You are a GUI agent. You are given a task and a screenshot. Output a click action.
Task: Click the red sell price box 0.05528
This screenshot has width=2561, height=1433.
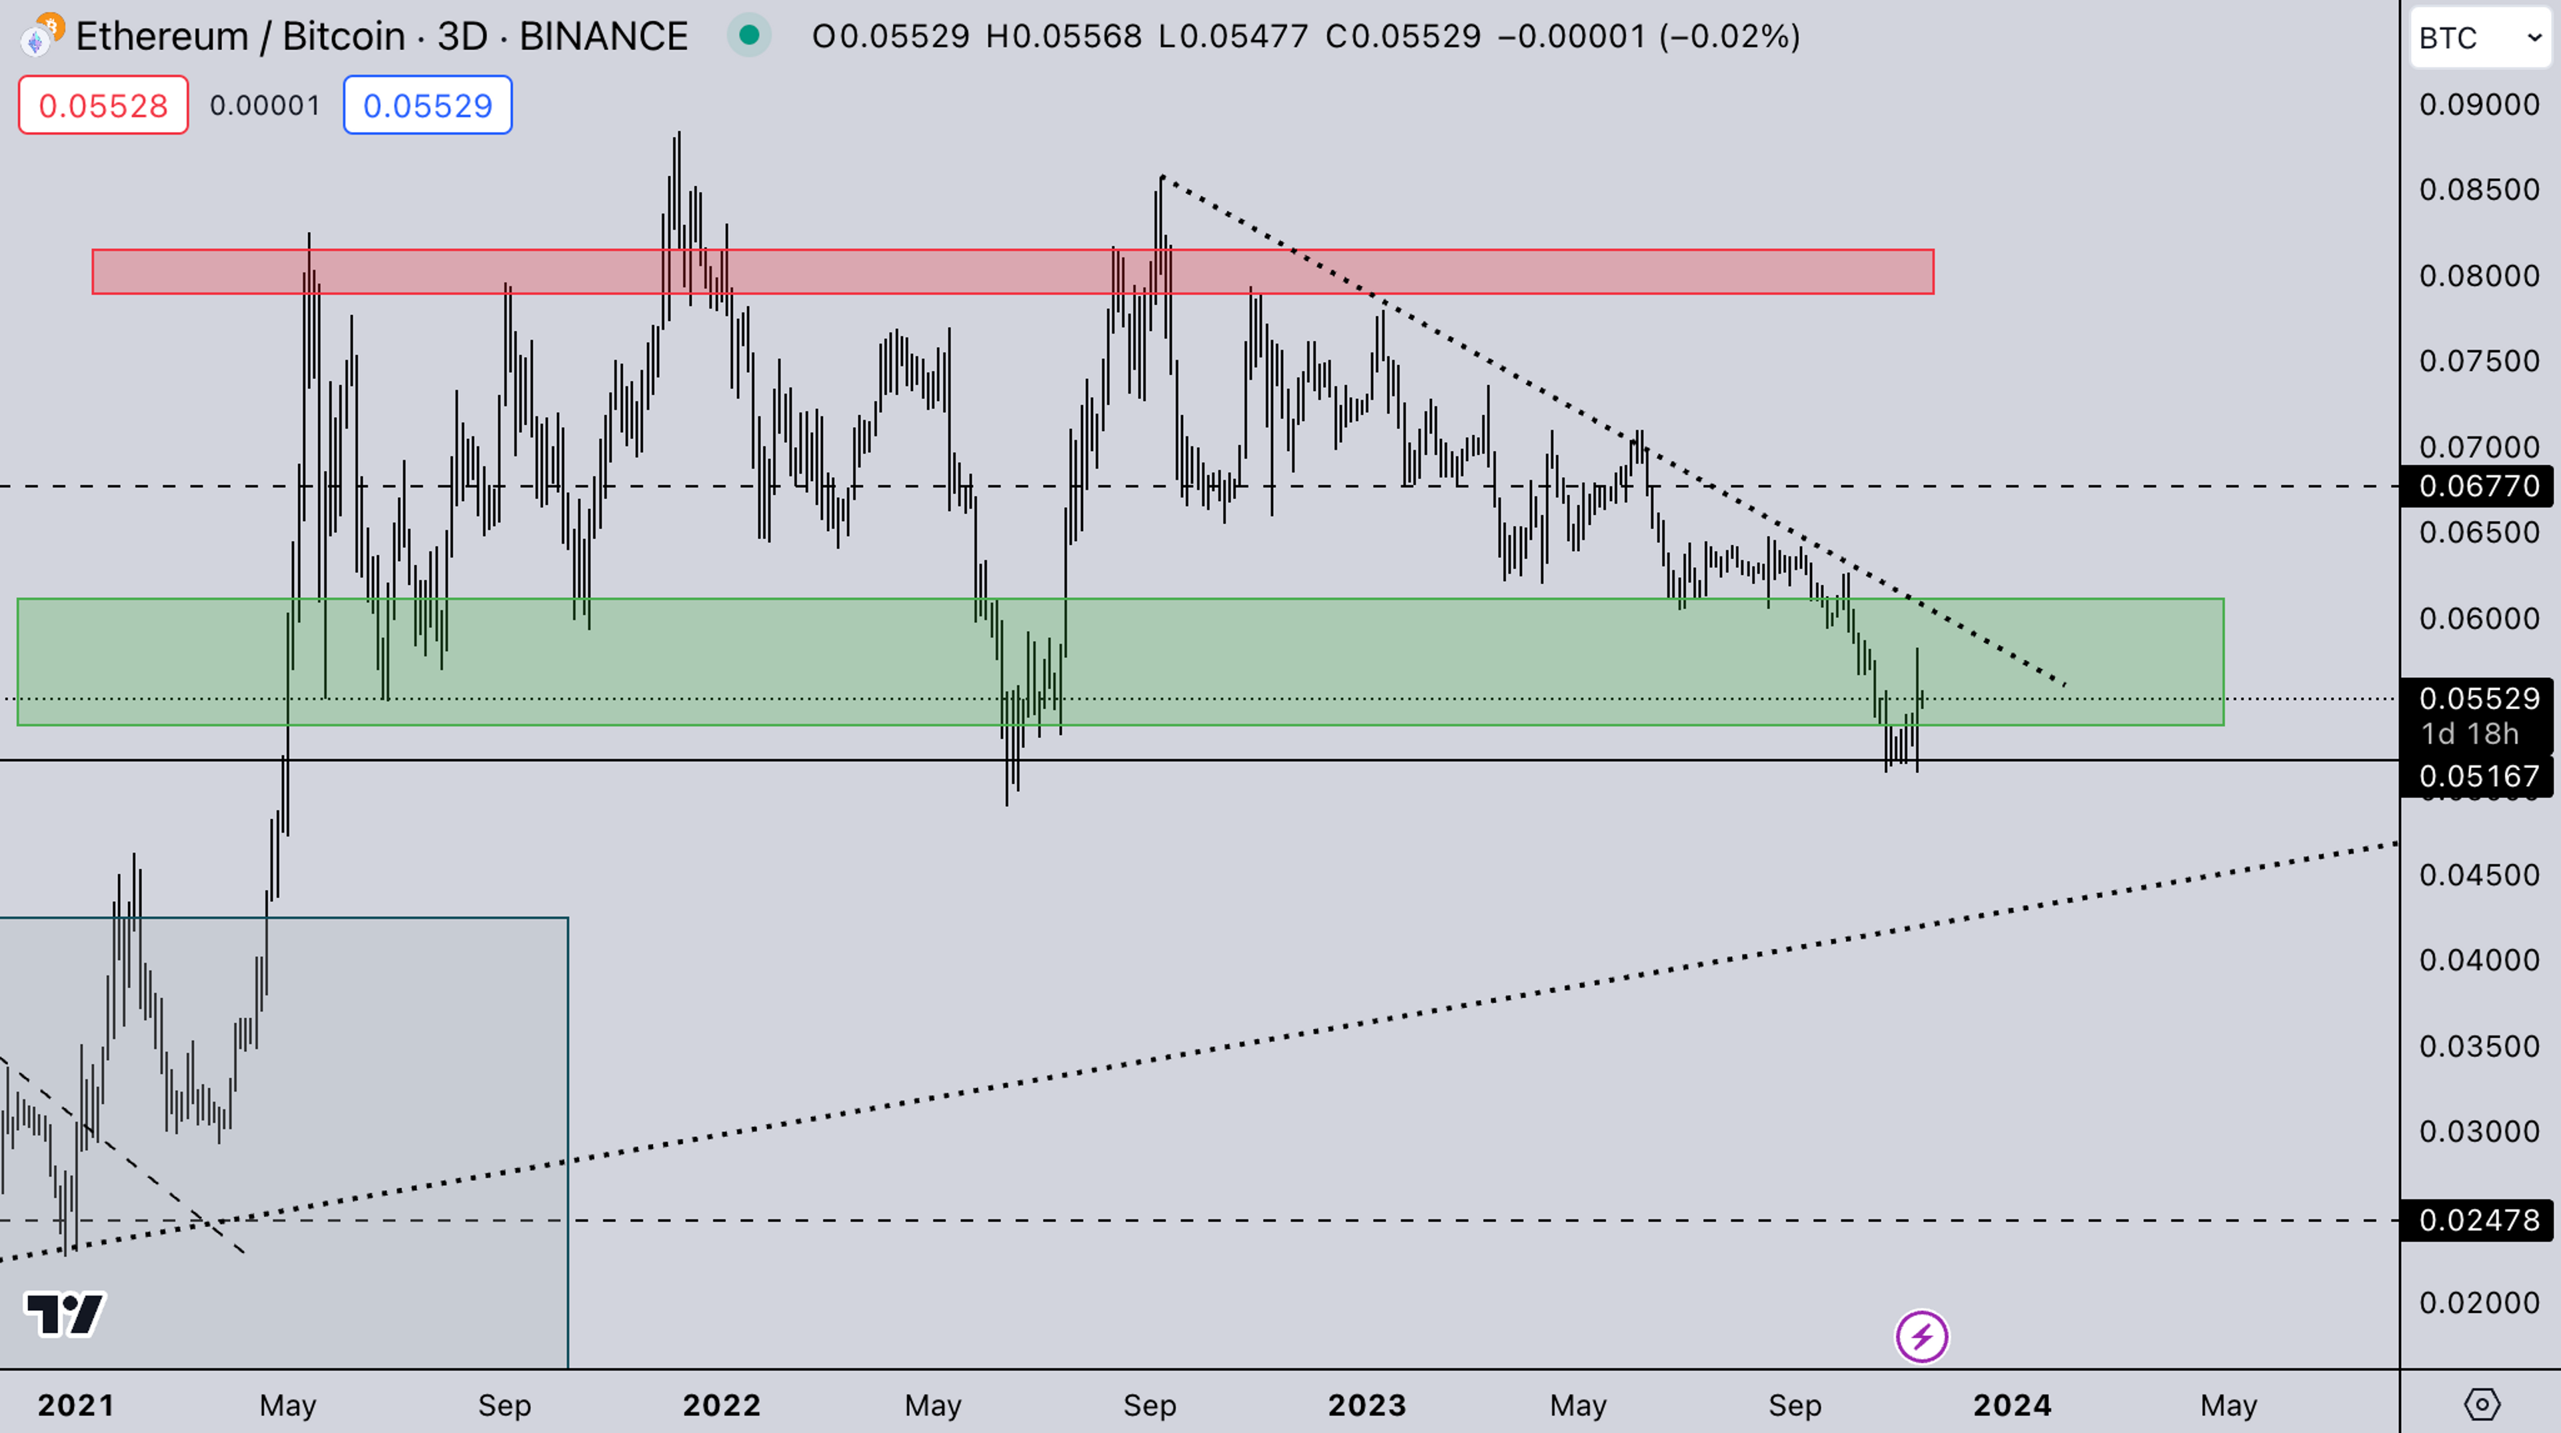point(103,105)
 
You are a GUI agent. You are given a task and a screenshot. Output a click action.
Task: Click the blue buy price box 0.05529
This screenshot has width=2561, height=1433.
point(428,105)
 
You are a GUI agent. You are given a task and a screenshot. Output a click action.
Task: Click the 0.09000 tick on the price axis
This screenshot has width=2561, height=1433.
point(2478,105)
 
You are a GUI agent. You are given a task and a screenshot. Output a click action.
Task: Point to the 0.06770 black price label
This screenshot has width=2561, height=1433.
point(2478,486)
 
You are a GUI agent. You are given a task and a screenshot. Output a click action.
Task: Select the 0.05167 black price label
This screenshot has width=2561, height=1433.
point(2478,776)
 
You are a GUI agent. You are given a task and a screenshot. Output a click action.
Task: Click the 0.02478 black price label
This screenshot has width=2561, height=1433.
point(2478,1220)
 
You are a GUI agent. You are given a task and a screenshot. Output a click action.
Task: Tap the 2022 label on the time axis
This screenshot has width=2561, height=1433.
point(722,1405)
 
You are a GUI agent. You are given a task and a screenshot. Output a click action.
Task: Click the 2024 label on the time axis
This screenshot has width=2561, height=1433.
point(2012,1405)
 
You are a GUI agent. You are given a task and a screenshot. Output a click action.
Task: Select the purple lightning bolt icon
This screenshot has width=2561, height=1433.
point(1921,1336)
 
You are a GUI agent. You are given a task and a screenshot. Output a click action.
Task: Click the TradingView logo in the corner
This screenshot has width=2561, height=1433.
point(65,1315)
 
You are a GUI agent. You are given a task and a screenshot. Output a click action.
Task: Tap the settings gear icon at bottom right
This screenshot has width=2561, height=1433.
point(2482,1405)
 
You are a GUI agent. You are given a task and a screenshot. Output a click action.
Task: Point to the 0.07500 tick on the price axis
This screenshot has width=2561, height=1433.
point(2478,361)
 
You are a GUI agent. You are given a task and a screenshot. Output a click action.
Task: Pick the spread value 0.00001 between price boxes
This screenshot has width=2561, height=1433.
point(265,105)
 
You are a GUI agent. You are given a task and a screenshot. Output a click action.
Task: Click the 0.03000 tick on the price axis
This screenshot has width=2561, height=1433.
point(2478,1131)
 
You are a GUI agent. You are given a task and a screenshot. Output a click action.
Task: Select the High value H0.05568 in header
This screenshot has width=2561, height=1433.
point(1063,37)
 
